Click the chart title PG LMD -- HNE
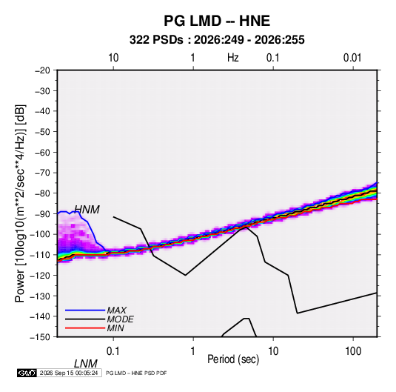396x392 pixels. [217, 21]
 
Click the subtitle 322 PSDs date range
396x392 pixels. [217, 40]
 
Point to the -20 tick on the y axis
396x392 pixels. [42, 70]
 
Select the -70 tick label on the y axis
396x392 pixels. [42, 173]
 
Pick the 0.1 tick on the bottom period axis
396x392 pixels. [113, 351]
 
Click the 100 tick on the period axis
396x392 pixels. [353, 351]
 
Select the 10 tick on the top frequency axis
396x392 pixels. [113, 58]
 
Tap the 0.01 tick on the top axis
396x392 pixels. [352, 58]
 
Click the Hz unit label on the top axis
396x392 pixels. [233, 58]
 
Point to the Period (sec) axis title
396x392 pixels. [233, 359]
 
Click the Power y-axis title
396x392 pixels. [20, 204]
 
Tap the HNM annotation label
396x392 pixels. [87, 210]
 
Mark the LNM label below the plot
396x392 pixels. [86, 364]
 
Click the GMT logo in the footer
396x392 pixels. [27, 373]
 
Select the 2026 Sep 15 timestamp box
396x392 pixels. [69, 373]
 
